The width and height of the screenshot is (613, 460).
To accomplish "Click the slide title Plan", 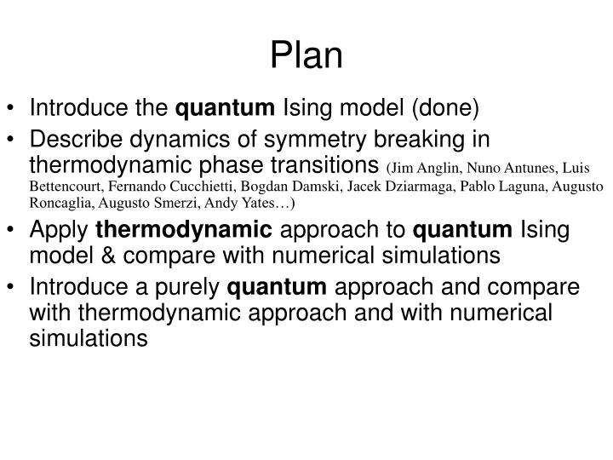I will (306, 55).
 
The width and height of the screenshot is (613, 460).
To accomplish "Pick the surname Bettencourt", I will (68, 187).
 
